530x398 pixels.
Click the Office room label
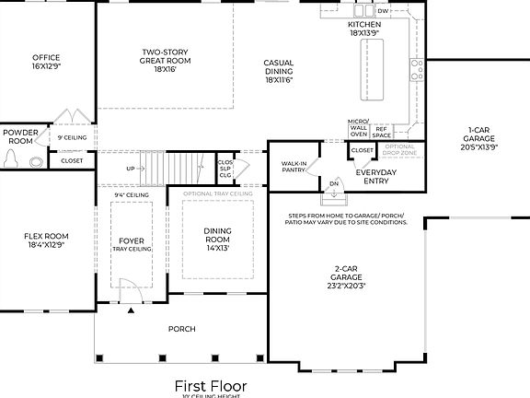46,62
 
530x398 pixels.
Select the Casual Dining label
278,72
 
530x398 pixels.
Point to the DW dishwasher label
383,11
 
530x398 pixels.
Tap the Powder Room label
20,136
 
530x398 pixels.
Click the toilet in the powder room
12,159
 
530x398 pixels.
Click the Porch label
181,329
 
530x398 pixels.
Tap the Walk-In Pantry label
294,167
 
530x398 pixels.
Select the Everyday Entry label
376,177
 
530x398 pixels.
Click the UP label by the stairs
130,169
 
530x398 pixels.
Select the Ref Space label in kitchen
382,132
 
